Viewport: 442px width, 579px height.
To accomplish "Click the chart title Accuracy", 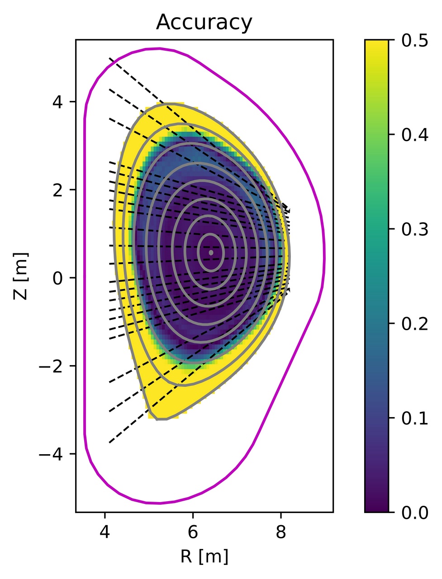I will (204, 22).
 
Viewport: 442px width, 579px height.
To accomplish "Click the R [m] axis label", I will (204, 556).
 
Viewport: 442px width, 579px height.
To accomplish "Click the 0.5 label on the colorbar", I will (415, 40).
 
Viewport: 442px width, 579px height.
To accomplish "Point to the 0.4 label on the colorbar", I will (415, 135).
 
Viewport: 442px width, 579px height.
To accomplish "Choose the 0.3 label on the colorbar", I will (415, 229).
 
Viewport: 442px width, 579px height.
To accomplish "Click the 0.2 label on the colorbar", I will (415, 324).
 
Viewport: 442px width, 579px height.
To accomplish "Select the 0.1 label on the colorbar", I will (415, 418).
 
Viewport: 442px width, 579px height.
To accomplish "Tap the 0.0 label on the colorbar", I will (415, 513).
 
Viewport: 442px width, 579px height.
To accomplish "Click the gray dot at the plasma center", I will (211, 252).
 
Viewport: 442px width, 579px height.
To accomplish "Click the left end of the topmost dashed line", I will (109, 58).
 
